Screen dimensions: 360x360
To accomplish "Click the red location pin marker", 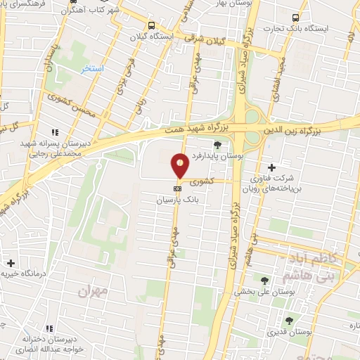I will (180, 166).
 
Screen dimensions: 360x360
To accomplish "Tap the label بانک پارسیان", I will (178, 200).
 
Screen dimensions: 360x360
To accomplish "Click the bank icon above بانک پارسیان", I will (178, 188).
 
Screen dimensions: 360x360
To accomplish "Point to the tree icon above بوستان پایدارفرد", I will (217, 145).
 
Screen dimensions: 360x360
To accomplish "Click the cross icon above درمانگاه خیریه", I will (10, 262).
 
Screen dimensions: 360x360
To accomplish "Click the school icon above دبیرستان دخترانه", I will (49, 328).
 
